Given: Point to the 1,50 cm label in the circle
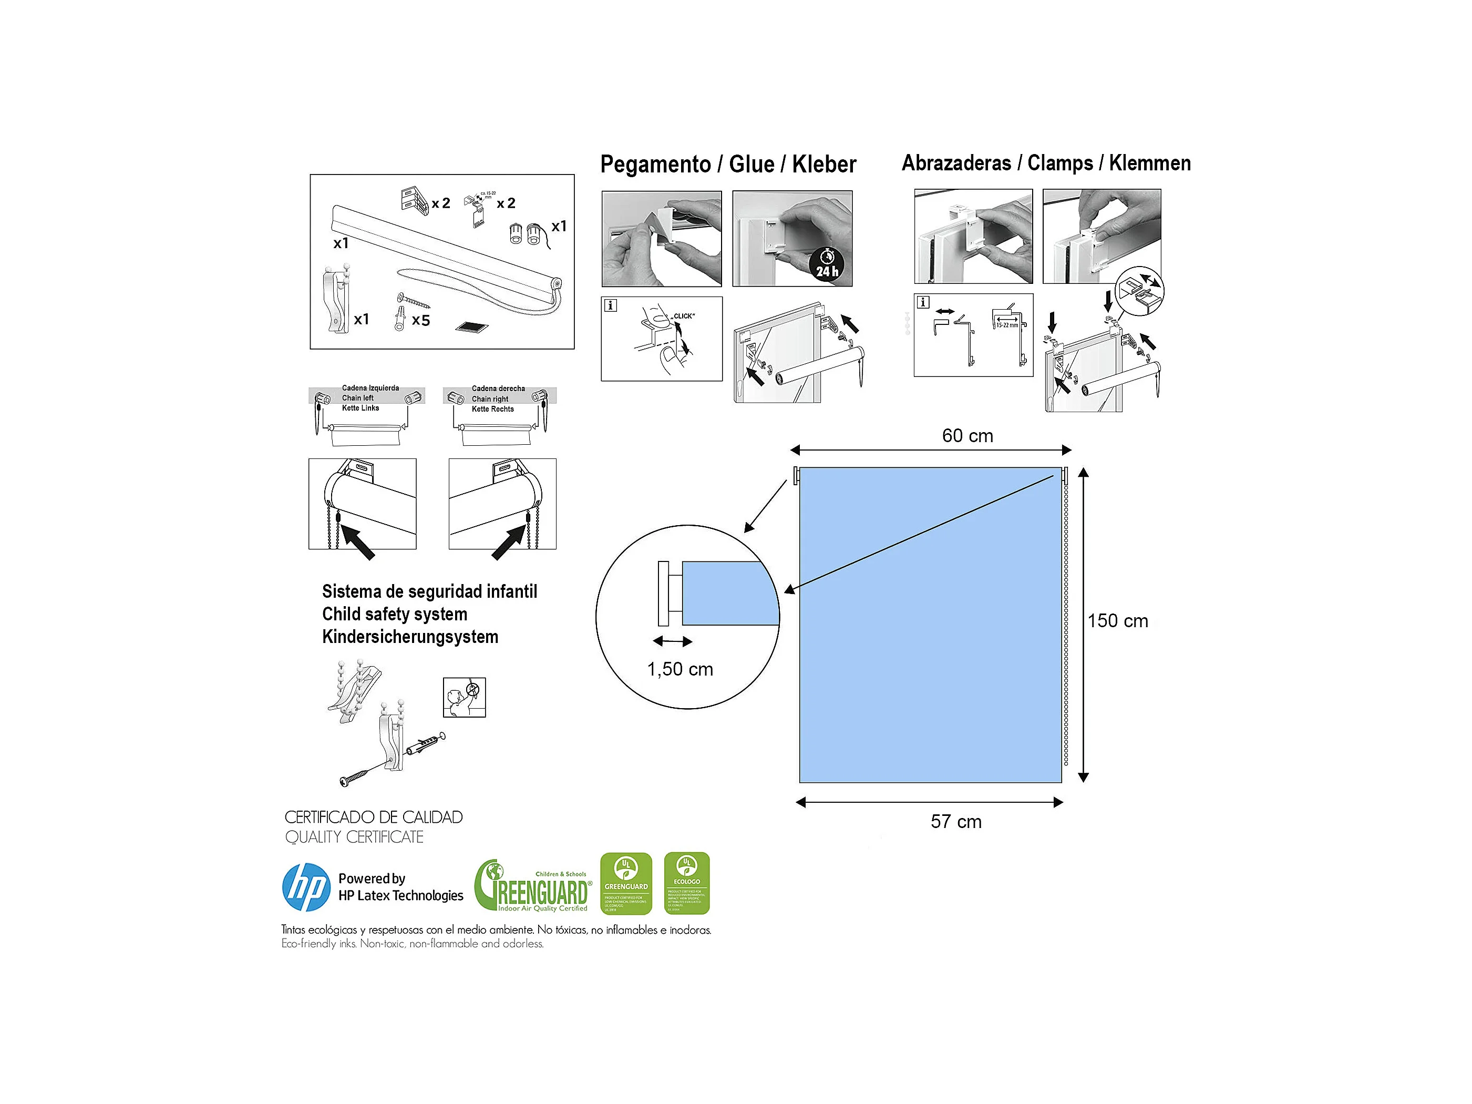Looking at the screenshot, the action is point(680,669).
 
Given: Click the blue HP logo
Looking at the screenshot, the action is point(306,887).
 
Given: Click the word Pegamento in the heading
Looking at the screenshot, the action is point(655,164).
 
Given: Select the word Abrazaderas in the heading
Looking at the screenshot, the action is point(956,163).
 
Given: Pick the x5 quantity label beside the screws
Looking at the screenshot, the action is point(420,320).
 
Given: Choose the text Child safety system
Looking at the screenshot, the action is point(395,614).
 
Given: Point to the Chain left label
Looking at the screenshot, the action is point(357,398).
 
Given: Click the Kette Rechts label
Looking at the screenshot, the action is point(492,409).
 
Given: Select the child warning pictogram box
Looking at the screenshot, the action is point(464,697).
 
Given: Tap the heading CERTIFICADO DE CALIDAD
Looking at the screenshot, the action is point(373,817).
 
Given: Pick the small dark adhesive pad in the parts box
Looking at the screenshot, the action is point(472,328).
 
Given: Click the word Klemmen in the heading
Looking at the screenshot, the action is point(1149,163).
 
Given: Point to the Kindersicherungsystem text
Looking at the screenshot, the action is point(410,637).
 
